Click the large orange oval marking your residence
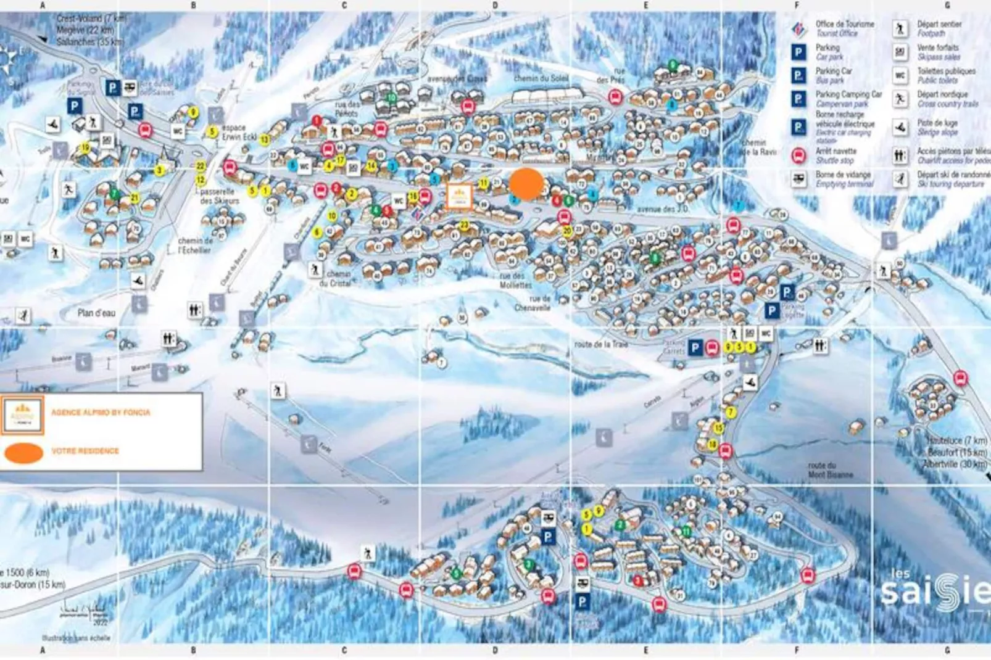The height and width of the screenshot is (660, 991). pos(526,183)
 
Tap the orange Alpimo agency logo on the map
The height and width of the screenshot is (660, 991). pos(459,196)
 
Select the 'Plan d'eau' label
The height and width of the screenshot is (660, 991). pos(96,313)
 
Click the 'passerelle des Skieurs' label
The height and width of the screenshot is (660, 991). pos(218,196)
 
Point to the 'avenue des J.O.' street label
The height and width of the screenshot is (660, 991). pos(663,209)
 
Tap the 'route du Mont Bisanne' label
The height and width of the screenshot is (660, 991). pos(831,470)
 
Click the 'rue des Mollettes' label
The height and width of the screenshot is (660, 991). pos(515,281)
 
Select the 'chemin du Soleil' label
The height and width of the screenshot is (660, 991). pos(541,78)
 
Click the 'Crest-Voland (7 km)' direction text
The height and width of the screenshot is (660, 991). pos(91,19)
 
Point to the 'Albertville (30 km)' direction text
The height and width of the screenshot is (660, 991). pos(955,464)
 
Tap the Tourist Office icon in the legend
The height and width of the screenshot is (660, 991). pos(798,28)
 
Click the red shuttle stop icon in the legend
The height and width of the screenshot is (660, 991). pos(798,155)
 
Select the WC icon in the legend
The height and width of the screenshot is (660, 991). pos(900,75)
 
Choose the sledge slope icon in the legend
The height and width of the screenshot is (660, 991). pos(900,128)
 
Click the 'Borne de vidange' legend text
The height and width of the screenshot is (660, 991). pos(843,175)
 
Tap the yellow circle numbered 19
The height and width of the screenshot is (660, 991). pos(85,147)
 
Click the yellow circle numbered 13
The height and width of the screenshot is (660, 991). pos(264,139)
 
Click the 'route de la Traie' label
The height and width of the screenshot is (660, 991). pos(600,344)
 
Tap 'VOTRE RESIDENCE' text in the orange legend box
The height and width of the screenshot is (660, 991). pos(85,451)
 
